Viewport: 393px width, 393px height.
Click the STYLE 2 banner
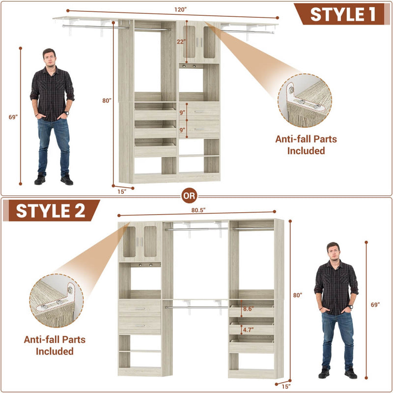(x=51, y=211)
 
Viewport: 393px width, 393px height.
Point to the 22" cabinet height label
(x=181, y=42)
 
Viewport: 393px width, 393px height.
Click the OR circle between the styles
(x=189, y=196)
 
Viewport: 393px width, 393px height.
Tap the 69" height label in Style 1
(x=13, y=117)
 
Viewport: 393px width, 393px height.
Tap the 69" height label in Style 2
(x=375, y=305)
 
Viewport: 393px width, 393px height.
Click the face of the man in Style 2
(x=333, y=252)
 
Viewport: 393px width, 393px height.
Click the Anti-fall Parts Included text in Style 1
(x=306, y=145)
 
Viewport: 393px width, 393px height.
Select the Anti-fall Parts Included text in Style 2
(x=55, y=345)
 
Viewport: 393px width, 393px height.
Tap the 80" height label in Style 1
(x=107, y=101)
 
